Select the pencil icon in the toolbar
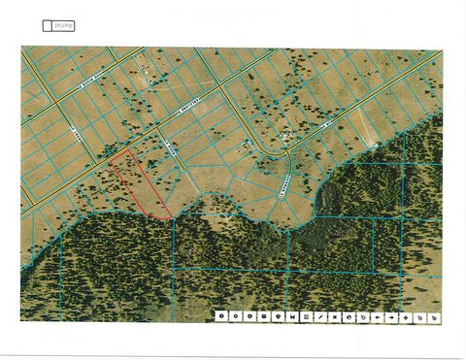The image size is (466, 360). (x=320, y=315)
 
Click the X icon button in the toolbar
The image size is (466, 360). (x=335, y=315)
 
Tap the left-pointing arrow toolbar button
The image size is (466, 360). (x=377, y=315)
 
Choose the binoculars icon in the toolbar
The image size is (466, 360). (x=291, y=315)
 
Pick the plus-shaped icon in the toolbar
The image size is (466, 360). (x=406, y=315)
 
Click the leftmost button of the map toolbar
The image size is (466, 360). (x=220, y=315)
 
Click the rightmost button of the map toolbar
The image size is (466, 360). (x=434, y=315)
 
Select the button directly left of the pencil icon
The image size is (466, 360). (x=306, y=315)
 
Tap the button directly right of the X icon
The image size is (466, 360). (x=349, y=315)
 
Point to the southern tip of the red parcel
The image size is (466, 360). (x=171, y=216)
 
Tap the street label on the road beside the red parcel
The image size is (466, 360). (x=167, y=150)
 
